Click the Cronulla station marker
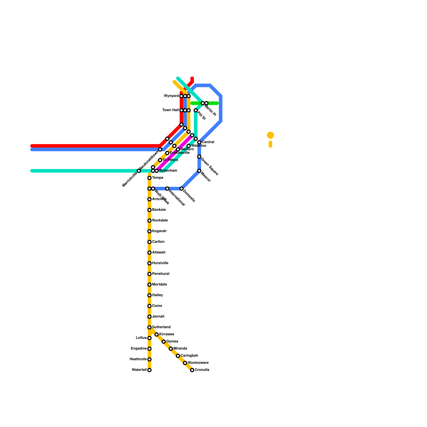192,370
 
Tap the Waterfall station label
139,370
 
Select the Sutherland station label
161,327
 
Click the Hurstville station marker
149,263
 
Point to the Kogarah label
159,231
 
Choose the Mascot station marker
199,171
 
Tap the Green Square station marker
199,156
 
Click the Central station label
208,142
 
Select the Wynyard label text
171,96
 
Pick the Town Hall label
171,110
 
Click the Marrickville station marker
139,171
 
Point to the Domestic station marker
181,189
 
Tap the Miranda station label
180,349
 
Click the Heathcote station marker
149,359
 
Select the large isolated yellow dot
270,135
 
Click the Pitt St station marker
196,110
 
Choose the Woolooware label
198,363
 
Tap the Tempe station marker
149,178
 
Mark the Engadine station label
139,349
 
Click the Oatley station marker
149,295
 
